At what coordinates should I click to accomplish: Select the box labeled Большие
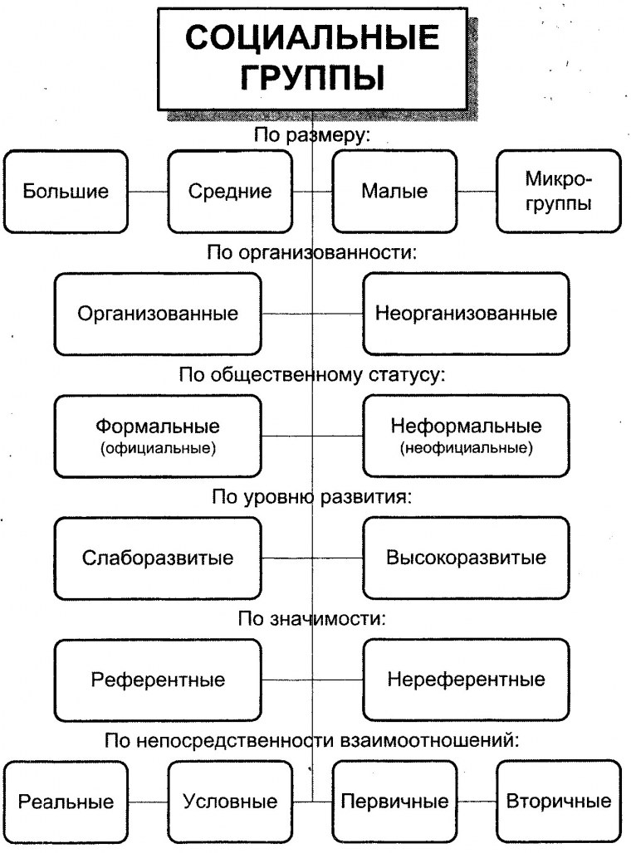(66, 192)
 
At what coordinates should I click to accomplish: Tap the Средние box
(230, 192)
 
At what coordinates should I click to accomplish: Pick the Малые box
(394, 192)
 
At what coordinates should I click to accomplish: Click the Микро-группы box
(559, 191)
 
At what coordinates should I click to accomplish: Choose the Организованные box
(158, 314)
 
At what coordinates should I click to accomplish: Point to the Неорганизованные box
(466, 314)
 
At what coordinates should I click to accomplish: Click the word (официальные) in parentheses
(158, 449)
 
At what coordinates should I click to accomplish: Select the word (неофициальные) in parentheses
(466, 449)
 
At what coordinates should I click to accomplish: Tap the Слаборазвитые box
(158, 558)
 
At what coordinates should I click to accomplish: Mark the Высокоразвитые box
(466, 558)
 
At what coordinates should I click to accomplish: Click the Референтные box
(158, 680)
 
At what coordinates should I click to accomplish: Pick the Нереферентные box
(466, 680)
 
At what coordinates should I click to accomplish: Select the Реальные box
(66, 802)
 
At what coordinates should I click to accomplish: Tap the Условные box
(230, 802)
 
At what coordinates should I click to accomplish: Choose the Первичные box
(394, 802)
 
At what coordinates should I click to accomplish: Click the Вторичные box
(559, 802)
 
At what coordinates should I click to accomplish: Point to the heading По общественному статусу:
(312, 375)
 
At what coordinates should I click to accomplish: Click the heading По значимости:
(312, 618)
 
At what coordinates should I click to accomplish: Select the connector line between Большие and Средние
(148, 193)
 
